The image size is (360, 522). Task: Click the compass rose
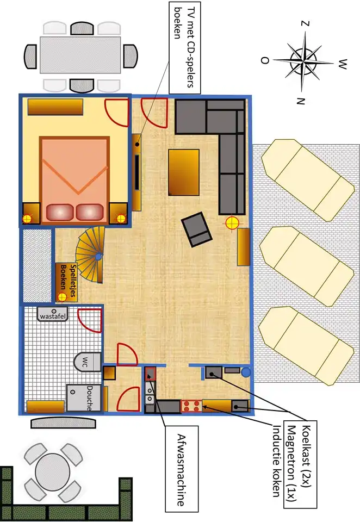pos(304,61)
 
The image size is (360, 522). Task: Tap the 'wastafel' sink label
pos(53,316)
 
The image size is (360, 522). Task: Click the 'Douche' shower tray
pos(84,398)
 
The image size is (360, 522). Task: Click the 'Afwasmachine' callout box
pos(182,469)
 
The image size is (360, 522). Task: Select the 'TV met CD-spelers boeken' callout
pos(185,47)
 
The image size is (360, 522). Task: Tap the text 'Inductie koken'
pos(276,461)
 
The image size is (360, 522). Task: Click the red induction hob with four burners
pos(191,407)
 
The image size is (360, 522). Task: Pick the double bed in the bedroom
pos(75,180)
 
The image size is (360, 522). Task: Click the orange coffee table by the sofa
pos(184,172)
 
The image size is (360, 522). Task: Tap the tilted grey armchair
pos(196,229)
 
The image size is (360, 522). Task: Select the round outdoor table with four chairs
pos(53,472)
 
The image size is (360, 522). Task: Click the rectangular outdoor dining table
pos(80,55)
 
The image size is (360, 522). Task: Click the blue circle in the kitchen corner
pos(246,372)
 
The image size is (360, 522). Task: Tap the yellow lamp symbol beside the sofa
pos(232,223)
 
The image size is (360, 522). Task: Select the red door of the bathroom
pos(89,320)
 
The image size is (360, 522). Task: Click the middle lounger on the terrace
pos(306,266)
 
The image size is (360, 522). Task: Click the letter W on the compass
pos(343,64)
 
